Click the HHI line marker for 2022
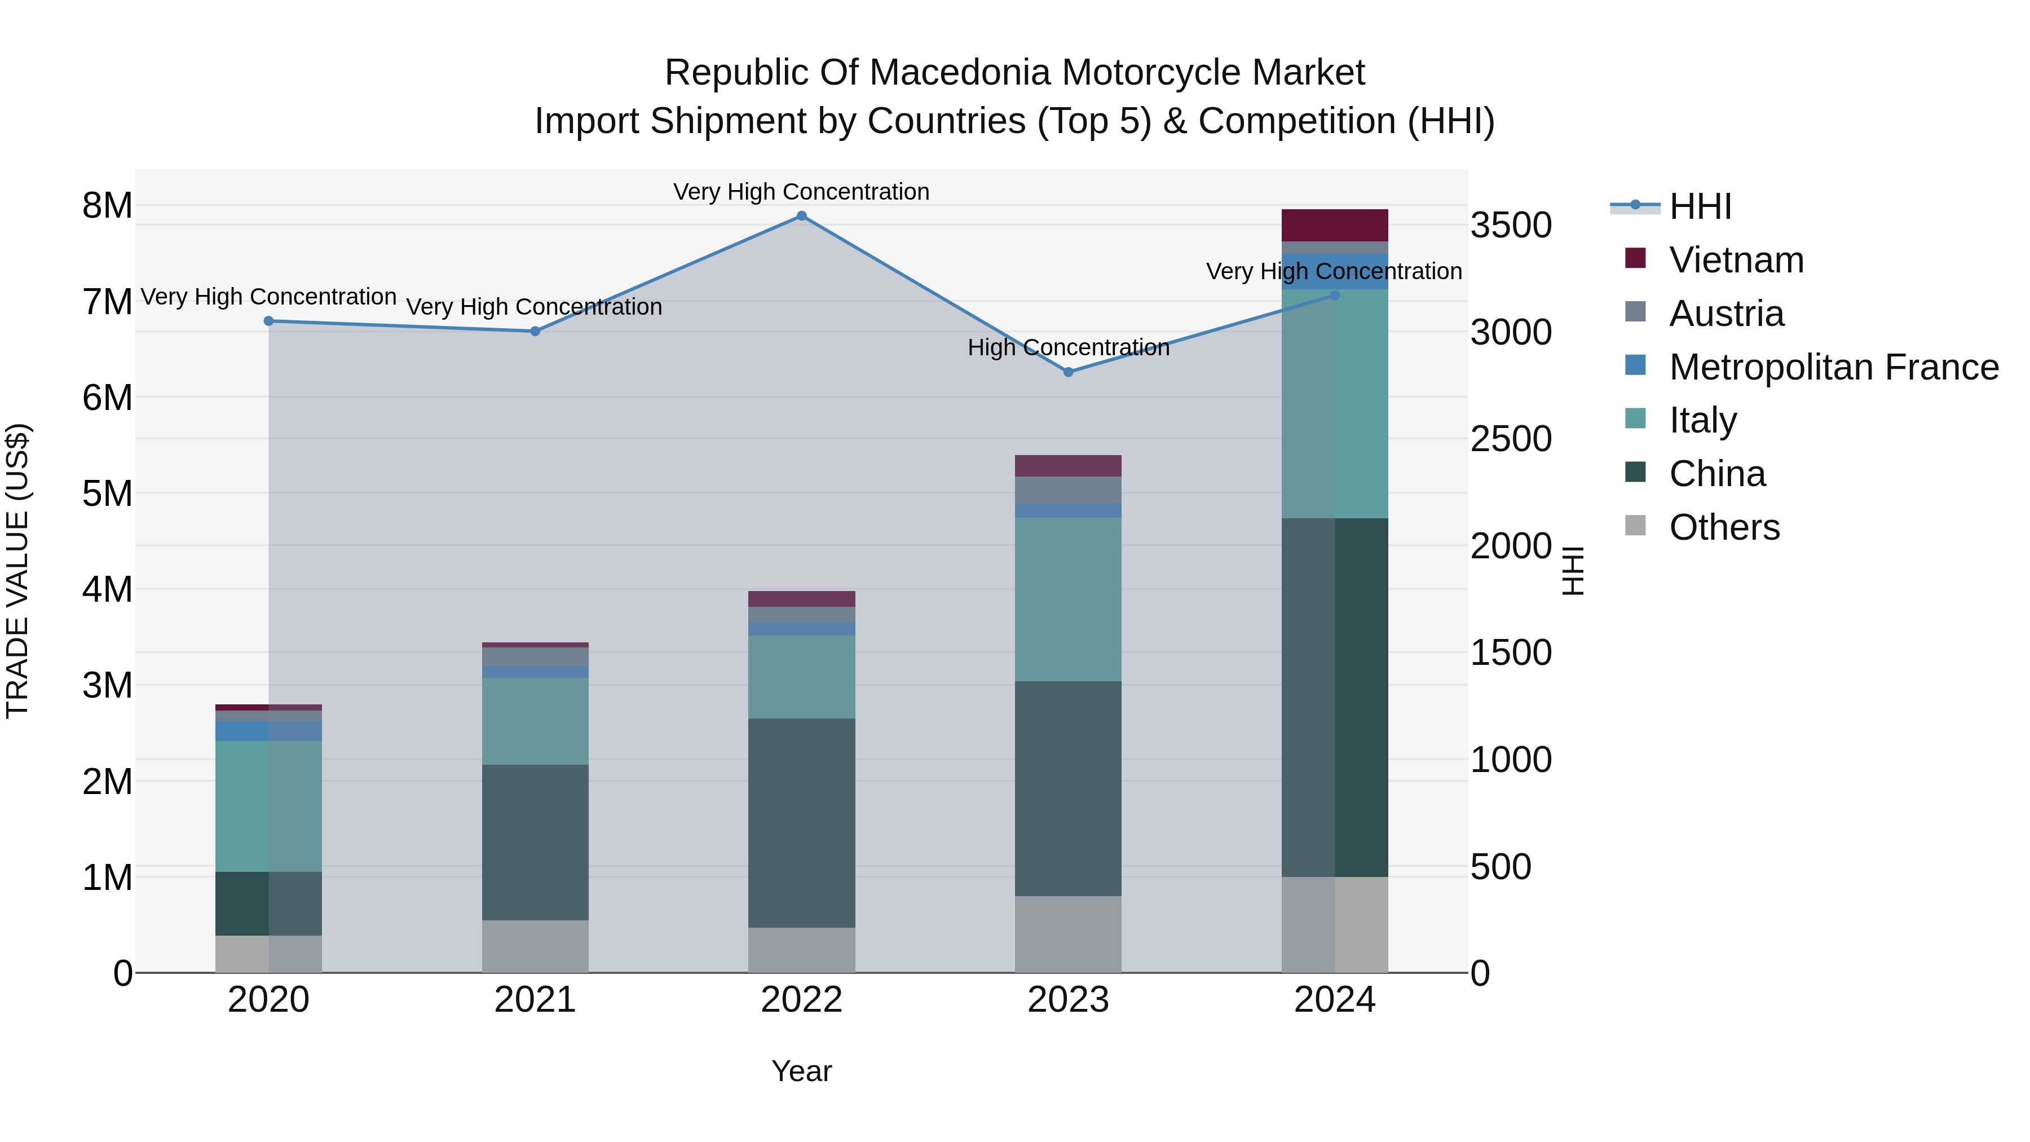[x=801, y=216]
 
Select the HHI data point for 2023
[x=1069, y=372]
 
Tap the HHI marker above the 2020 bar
[x=269, y=321]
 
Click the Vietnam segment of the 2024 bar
[x=1334, y=226]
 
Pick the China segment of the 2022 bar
[x=801, y=822]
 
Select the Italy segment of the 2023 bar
[x=1068, y=599]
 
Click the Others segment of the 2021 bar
[x=535, y=946]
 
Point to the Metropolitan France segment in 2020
[x=269, y=730]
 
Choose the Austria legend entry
[x=1726, y=314]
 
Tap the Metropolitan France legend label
[x=1834, y=367]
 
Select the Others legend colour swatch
[x=1635, y=526]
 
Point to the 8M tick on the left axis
[x=107, y=206]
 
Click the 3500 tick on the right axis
[x=1511, y=226]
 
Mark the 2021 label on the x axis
[x=535, y=1000]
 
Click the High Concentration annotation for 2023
[x=1069, y=347]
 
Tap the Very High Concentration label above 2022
[x=801, y=192]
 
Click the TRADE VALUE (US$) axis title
[x=17, y=571]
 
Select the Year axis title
[x=801, y=1071]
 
